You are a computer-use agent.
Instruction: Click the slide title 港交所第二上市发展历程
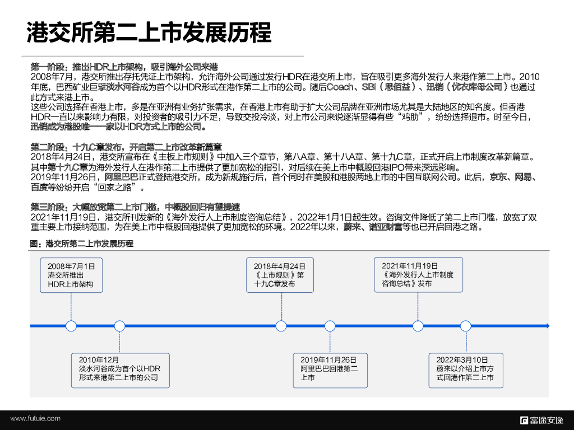click(x=149, y=32)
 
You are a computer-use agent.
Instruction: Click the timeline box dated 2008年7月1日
click(x=71, y=275)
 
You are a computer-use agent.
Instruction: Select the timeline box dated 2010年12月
click(x=119, y=369)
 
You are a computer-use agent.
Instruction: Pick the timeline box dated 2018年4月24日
click(x=280, y=275)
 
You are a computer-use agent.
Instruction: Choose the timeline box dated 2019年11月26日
click(x=328, y=369)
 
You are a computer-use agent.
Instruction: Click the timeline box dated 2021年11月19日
click(x=418, y=275)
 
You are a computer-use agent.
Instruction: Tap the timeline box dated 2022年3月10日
click(x=465, y=369)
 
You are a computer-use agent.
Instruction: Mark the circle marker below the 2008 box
click(x=71, y=325)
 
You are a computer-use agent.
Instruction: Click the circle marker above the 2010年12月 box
click(x=119, y=325)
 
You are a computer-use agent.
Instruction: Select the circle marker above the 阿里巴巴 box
click(x=328, y=325)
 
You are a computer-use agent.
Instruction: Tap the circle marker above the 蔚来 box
click(x=465, y=325)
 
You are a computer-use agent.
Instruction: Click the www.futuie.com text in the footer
click(x=35, y=419)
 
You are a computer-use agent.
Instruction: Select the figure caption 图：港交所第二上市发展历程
click(x=82, y=244)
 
